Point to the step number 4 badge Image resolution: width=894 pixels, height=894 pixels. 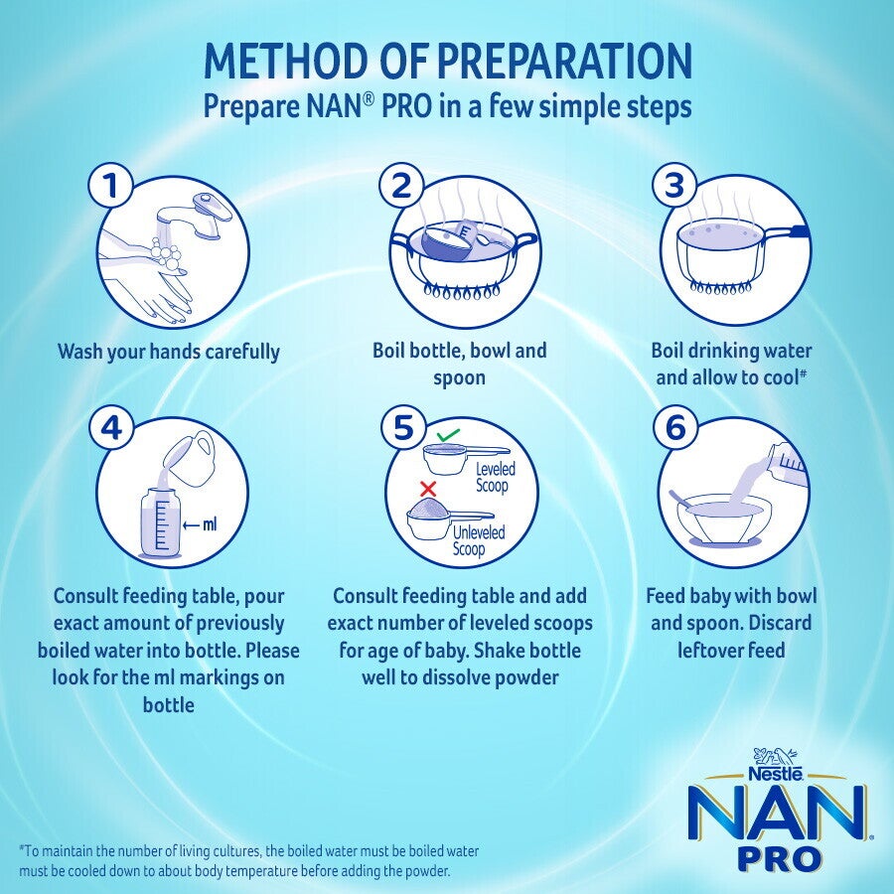(x=113, y=427)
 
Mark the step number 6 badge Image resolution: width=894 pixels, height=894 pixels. (x=676, y=427)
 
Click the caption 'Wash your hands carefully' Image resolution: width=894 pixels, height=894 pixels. (x=168, y=352)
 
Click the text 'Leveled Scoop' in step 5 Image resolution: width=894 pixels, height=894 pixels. (x=492, y=477)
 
